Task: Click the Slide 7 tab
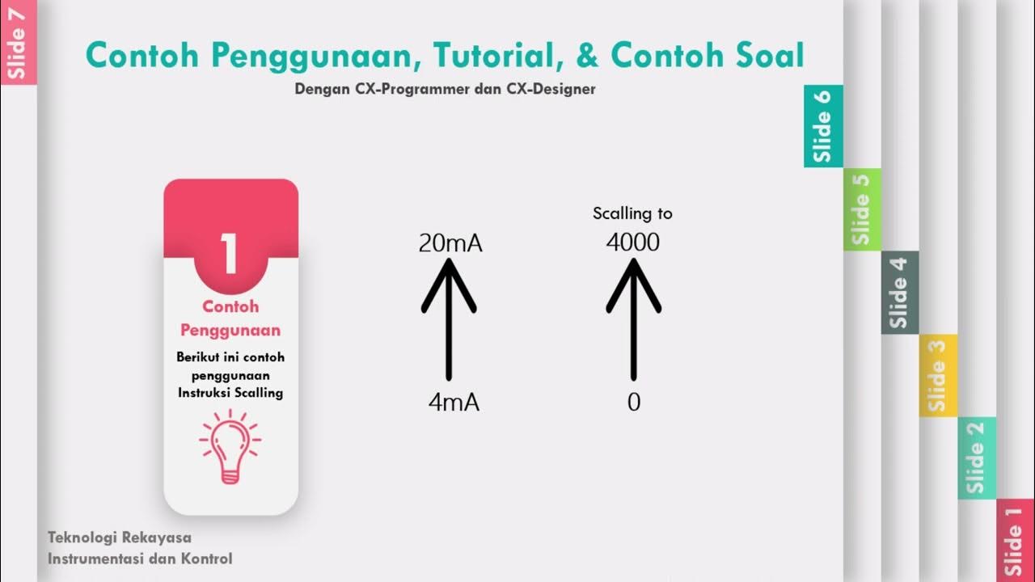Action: coord(18,42)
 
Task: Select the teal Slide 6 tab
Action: coord(823,126)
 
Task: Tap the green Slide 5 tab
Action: coord(861,209)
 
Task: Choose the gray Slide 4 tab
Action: coord(899,292)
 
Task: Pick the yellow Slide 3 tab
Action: coord(937,375)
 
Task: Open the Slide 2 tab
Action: coord(976,458)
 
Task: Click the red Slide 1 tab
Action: coord(1015,540)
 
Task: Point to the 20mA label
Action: coord(450,243)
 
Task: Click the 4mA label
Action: coord(454,403)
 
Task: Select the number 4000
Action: coord(633,242)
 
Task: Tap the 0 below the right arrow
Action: coord(634,403)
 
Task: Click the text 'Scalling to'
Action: coord(632,213)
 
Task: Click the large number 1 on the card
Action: coord(230,254)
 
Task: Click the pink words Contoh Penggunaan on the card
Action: coord(230,318)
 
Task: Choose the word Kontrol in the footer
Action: coord(205,559)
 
